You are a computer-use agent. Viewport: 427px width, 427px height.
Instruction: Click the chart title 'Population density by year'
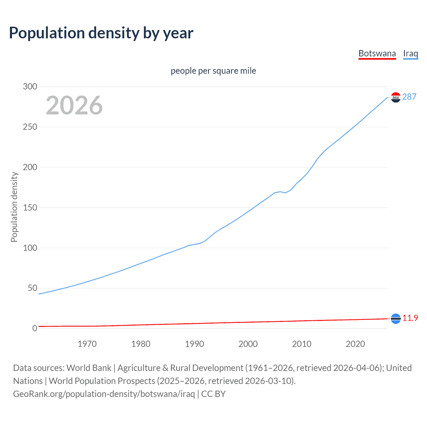pyautogui.click(x=101, y=33)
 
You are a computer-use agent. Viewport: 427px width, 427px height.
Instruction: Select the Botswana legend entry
pyautogui.click(x=377, y=53)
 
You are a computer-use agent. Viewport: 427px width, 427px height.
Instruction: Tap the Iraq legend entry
pyautogui.click(x=410, y=53)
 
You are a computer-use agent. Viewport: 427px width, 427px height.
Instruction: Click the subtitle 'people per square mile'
pyautogui.click(x=213, y=71)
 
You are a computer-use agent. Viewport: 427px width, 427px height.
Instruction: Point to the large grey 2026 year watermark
pyautogui.click(x=74, y=105)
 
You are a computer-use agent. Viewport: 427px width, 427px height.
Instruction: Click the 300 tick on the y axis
pyautogui.click(x=30, y=86)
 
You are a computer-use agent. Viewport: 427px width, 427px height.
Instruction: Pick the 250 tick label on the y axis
pyautogui.click(x=30, y=127)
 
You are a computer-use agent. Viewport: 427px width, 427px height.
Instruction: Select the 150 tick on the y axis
pyautogui.click(x=30, y=207)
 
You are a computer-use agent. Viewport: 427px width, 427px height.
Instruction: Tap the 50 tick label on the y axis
pyautogui.click(x=32, y=288)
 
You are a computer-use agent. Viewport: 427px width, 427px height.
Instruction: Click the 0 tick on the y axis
pyautogui.click(x=35, y=328)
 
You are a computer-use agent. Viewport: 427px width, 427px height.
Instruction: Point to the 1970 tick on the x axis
pyautogui.click(x=87, y=344)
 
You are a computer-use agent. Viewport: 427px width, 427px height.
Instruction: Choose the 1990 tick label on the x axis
pyautogui.click(x=194, y=344)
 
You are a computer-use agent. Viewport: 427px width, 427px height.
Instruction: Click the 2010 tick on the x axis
pyautogui.click(x=302, y=344)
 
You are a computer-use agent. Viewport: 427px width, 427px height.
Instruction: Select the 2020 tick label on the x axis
pyautogui.click(x=355, y=344)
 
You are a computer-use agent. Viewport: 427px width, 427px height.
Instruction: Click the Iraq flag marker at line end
pyautogui.click(x=396, y=97)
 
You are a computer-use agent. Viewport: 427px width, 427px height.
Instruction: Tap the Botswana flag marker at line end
pyautogui.click(x=396, y=319)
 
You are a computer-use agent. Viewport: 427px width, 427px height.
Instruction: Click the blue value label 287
pyautogui.click(x=409, y=97)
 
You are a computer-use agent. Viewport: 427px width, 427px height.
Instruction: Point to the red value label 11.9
pyautogui.click(x=410, y=318)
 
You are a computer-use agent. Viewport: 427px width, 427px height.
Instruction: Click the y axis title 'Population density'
pyautogui.click(x=14, y=207)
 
